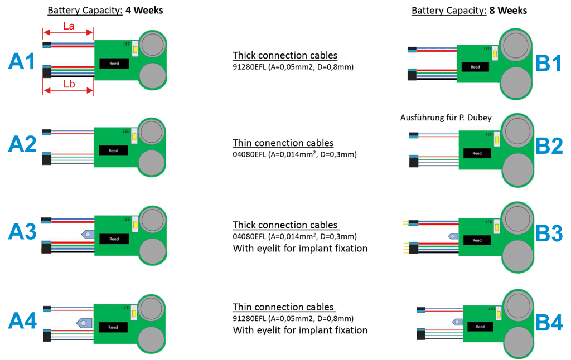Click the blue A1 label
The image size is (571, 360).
coord(23,61)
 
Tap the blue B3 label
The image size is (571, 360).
coord(549,234)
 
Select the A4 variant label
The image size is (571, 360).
coord(23,321)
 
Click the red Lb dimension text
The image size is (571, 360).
coord(69,84)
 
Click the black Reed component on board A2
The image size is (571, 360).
coord(113,150)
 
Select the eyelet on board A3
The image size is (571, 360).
coord(88,234)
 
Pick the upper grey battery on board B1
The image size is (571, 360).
coord(519,45)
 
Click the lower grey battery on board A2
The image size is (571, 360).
coord(149,163)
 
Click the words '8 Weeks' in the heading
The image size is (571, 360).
coord(509,11)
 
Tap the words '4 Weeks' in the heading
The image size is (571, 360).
coord(145,11)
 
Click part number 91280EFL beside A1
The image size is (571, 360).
coord(249,67)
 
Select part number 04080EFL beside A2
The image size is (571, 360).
coord(249,154)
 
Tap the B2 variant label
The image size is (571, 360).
coord(549,145)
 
